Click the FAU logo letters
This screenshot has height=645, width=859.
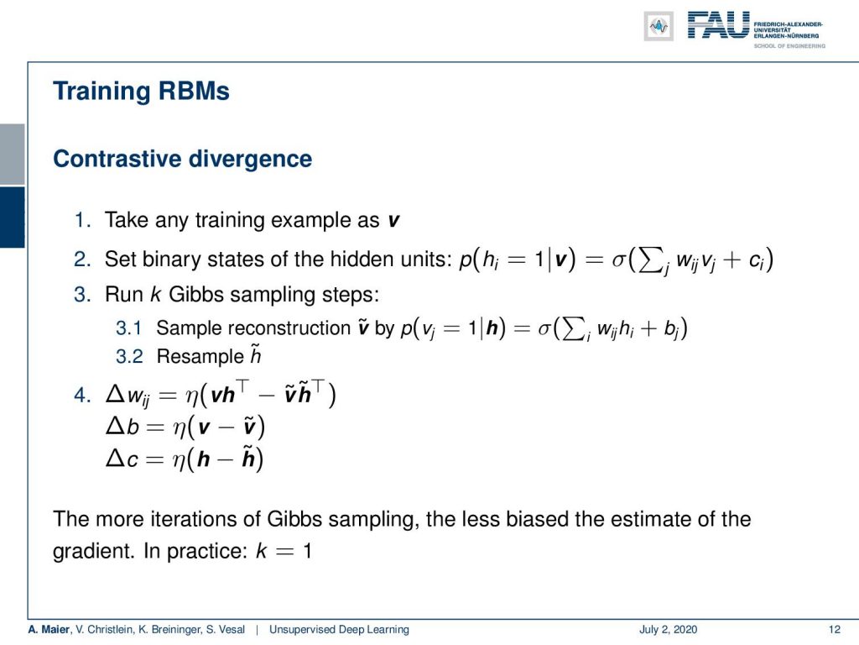pyautogui.click(x=718, y=25)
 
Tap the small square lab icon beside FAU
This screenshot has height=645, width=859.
pyautogui.click(x=659, y=26)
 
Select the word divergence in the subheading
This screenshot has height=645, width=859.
pyautogui.click(x=250, y=159)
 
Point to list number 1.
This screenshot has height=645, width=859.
pyautogui.click(x=81, y=220)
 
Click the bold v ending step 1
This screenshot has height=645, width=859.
pyautogui.click(x=393, y=221)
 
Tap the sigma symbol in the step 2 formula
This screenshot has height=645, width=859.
pyautogui.click(x=618, y=260)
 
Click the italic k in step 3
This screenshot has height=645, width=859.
pyautogui.click(x=155, y=295)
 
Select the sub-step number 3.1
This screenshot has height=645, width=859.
pyautogui.click(x=128, y=328)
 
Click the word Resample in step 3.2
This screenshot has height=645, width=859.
pyautogui.click(x=200, y=356)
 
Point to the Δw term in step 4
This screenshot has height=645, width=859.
pyautogui.click(x=128, y=396)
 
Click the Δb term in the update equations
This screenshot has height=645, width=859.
pyautogui.click(x=122, y=426)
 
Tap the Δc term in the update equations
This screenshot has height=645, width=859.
pyautogui.click(x=122, y=458)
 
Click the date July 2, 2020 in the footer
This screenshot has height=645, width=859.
pyautogui.click(x=668, y=630)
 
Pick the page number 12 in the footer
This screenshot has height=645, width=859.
pyautogui.click(x=835, y=630)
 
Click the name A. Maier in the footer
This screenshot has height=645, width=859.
pyautogui.click(x=49, y=630)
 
